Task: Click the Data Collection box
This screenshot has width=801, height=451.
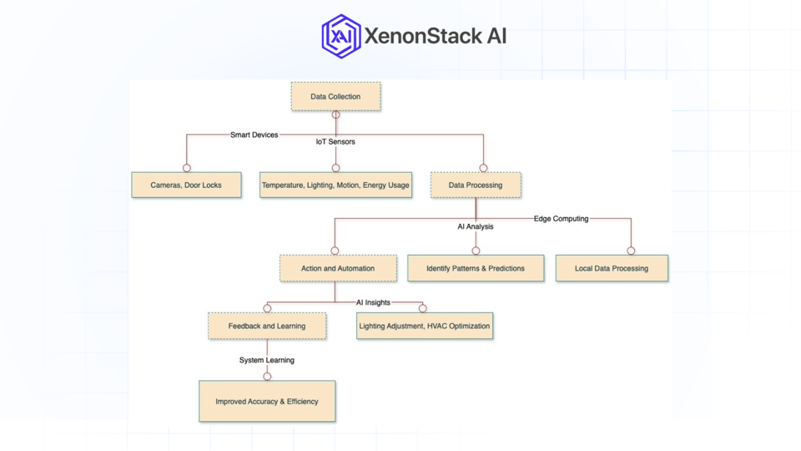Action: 335,97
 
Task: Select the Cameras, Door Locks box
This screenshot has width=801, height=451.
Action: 186,185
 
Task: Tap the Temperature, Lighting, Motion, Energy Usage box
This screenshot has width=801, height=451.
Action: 335,185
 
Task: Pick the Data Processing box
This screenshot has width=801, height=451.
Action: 476,185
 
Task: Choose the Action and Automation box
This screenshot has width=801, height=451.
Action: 338,268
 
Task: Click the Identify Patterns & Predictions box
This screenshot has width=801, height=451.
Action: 476,268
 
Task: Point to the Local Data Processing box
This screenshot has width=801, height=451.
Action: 612,268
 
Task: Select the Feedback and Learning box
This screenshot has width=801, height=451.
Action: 267,326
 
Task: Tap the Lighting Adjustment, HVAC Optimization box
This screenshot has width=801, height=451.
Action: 425,326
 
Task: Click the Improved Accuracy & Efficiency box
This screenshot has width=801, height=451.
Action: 267,402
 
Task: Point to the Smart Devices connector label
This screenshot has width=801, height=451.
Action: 254,134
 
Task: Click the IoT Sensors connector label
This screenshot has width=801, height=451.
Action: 335,142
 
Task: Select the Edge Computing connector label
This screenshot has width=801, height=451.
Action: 561,219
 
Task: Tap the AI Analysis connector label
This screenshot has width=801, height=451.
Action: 476,226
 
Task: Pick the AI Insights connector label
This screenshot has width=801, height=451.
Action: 373,302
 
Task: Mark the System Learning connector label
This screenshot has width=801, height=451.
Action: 267,360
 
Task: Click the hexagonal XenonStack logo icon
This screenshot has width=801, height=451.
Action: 341,36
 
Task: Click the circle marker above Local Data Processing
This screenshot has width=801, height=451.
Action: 631,251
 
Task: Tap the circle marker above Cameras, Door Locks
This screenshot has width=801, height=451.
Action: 187,168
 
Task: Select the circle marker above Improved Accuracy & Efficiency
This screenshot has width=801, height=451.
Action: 267,377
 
